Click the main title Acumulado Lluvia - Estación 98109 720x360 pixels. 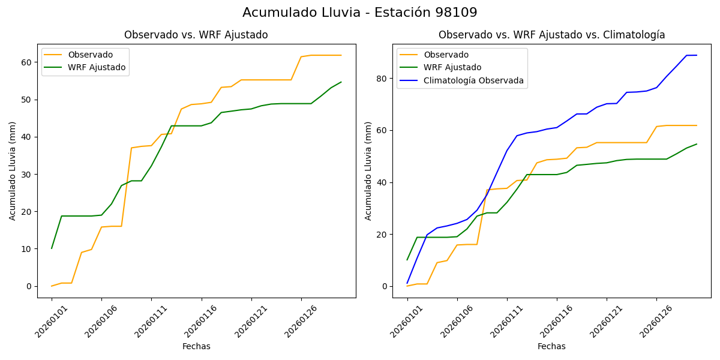(360, 13)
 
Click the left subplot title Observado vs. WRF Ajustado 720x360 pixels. (196, 35)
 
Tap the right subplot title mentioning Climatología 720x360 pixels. (551, 35)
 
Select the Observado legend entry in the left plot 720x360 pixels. (90, 55)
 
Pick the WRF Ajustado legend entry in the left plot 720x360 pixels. (97, 67)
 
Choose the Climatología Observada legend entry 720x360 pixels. (473, 80)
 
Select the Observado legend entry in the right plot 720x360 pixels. (446, 55)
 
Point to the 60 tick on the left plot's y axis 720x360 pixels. (27, 62)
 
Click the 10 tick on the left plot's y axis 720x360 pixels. (27, 249)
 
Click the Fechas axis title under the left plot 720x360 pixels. (196, 346)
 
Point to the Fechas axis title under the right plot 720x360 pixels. (551, 346)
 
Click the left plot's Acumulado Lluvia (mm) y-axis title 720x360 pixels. (13, 170)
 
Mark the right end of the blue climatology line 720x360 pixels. (697, 55)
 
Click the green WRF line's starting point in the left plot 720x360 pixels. (52, 248)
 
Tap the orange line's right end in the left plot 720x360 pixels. (341, 55)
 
